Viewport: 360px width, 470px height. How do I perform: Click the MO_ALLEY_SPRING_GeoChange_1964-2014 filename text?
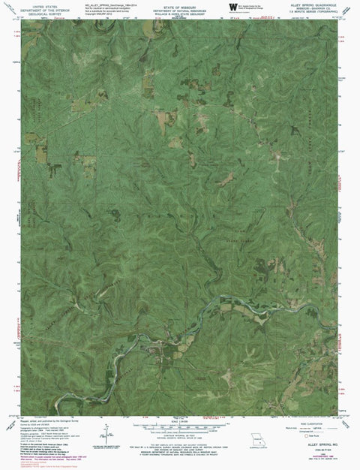pyautogui.click(x=105, y=4)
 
